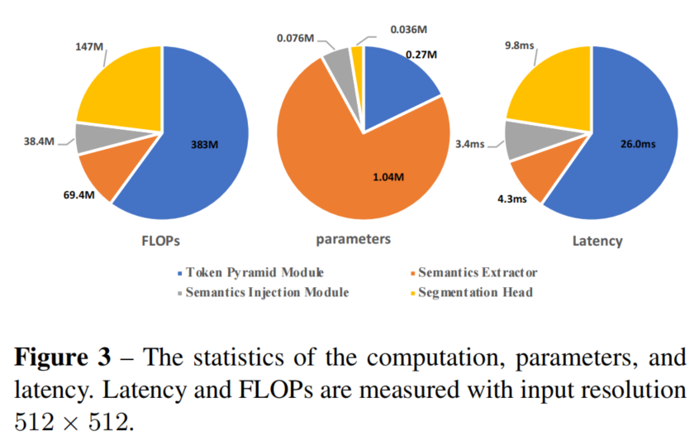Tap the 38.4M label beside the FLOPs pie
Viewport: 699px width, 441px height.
[x=39, y=141]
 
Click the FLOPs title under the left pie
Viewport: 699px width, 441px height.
[x=161, y=242]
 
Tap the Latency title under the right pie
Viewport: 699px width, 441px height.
[x=597, y=242]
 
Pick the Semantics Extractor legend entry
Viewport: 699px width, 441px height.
[x=477, y=272]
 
